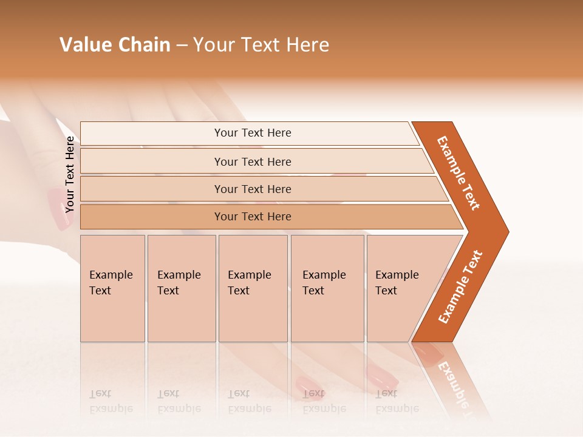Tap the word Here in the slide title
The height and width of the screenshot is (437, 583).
tap(307, 45)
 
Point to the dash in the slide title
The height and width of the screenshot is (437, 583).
tap(182, 46)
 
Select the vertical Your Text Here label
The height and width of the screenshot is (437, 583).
tap(70, 174)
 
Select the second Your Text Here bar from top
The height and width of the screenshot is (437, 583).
tap(252, 161)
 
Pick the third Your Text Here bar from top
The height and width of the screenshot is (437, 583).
tap(252, 189)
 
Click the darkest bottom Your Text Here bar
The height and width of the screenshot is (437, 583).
tap(252, 217)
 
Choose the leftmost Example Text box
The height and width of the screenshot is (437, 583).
tap(112, 288)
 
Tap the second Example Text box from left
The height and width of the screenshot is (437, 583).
tap(181, 288)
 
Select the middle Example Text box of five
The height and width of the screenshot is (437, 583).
tap(253, 288)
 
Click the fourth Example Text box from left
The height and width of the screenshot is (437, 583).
tap(327, 288)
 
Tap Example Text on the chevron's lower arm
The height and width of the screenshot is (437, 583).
tap(460, 286)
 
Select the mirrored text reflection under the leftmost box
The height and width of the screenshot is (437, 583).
tap(111, 401)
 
